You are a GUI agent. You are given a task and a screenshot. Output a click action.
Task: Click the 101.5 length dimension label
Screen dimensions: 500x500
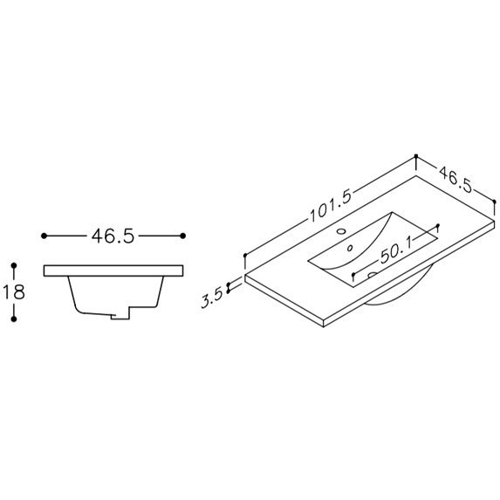coord(331,206)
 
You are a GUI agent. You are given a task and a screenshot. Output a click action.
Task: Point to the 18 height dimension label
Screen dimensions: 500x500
coord(14,291)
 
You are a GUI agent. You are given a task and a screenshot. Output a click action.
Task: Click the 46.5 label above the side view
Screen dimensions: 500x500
coord(113,236)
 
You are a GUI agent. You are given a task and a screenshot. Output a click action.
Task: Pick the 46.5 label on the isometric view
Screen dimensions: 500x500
coord(455,180)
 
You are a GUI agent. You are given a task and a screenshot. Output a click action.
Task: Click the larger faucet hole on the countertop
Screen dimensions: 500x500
coord(341,230)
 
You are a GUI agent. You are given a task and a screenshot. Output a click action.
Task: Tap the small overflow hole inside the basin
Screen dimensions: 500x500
coord(350,248)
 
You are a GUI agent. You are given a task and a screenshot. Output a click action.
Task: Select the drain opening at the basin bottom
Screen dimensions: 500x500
coord(372,275)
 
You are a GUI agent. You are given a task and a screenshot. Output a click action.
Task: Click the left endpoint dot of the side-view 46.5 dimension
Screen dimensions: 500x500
coord(44,236)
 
